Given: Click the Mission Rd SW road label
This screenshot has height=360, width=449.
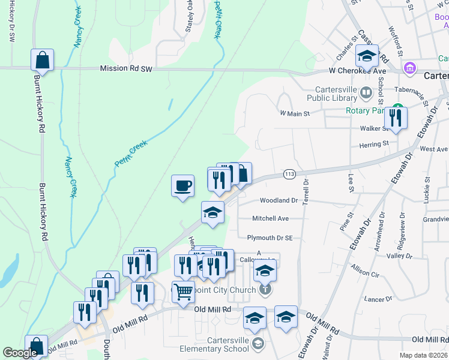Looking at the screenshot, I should [x=126, y=69].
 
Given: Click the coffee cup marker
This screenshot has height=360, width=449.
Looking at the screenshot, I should [x=182, y=185].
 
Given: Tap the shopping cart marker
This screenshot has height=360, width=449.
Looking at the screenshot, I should [x=184, y=292].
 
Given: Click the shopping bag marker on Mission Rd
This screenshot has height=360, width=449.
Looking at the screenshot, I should [x=42, y=60].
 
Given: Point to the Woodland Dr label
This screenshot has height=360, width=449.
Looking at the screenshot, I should [x=279, y=200].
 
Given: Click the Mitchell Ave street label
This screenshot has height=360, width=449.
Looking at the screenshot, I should [x=270, y=218].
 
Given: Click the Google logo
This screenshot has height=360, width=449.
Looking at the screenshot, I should [x=20, y=353].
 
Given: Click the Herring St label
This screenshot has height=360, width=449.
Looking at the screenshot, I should [x=374, y=143].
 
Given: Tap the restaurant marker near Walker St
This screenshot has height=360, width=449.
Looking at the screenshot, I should [x=396, y=118].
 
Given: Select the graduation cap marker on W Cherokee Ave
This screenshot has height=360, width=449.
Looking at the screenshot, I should [x=366, y=56].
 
